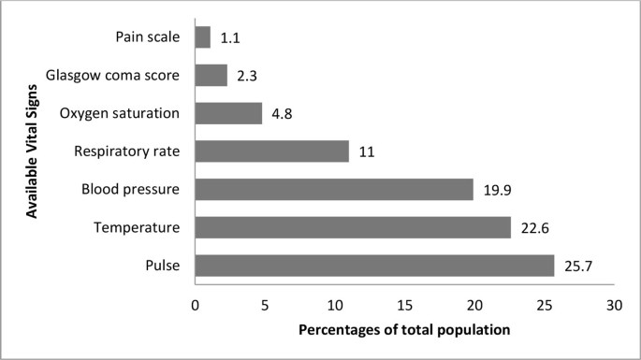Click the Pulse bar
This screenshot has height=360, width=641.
point(374,265)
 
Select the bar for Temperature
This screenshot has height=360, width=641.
point(353,227)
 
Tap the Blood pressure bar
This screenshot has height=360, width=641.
point(334,189)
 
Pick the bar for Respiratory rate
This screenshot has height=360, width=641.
point(271,151)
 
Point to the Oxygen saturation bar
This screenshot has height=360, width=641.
point(228,113)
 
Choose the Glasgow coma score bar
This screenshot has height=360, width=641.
point(211,75)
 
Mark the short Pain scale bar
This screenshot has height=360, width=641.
point(202,37)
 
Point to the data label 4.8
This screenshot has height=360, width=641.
point(281,114)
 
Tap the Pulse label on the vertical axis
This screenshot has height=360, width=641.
point(163,266)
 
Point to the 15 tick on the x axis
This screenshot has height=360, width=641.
point(404,305)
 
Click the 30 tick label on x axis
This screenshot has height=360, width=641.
point(614,305)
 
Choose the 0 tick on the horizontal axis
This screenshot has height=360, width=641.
point(195,305)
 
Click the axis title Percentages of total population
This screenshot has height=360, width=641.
point(404,331)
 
